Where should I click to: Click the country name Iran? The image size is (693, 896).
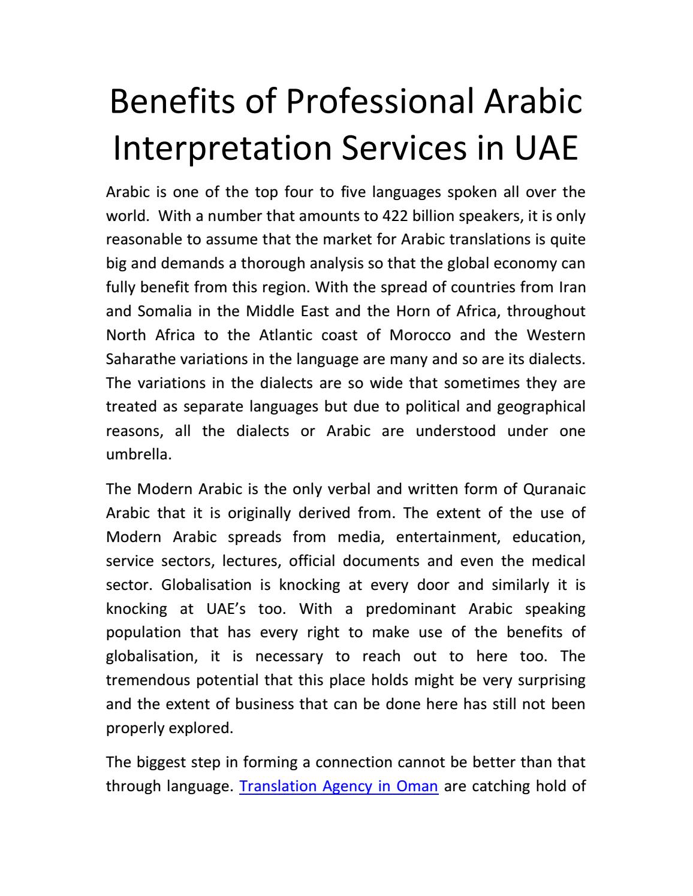coord(572,287)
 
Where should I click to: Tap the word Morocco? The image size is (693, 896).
coord(420,335)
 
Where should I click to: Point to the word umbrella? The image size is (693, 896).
coord(138,455)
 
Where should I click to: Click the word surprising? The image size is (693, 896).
coord(551,680)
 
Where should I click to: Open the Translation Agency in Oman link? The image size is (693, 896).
coord(339,786)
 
